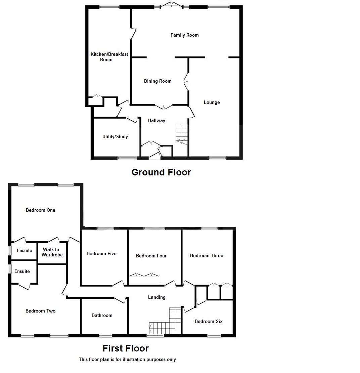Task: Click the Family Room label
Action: pyautogui.click(x=184, y=35)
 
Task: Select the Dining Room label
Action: pyautogui.click(x=157, y=81)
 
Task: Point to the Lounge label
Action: pyautogui.click(x=212, y=102)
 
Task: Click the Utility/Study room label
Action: pyautogui.click(x=115, y=136)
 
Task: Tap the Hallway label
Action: pyautogui.click(x=156, y=120)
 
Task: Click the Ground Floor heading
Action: pyautogui.click(x=161, y=172)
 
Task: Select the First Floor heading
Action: pyautogui.click(x=125, y=348)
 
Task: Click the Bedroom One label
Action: pyautogui.click(x=40, y=210)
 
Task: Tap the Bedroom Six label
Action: pyautogui.click(x=209, y=321)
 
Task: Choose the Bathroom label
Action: pyautogui.click(x=102, y=315)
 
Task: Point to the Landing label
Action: pyautogui.click(x=156, y=297)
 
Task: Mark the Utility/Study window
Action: pyautogui.click(x=127, y=158)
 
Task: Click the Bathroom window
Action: pyautogui.click(x=105, y=335)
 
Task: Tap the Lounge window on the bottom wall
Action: pyautogui.click(x=217, y=158)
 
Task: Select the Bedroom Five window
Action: pyautogui.click(x=105, y=229)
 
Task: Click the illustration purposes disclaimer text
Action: pyautogui.click(x=127, y=359)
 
